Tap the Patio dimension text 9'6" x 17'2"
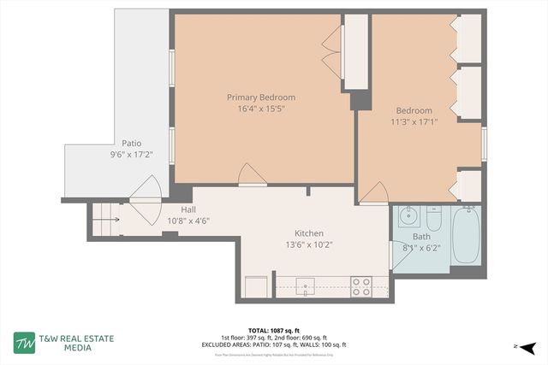pos(131,156)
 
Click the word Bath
pos(421,237)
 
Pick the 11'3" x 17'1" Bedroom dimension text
pos(414,122)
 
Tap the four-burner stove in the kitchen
pos(360,286)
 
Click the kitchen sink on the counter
pos(305,286)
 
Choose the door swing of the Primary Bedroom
pos(253,174)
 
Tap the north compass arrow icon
pos(527,347)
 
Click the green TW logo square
pos(24,342)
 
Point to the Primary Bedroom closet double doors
pos(331,52)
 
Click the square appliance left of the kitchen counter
pos(255,286)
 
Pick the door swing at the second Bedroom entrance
pos(373,194)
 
